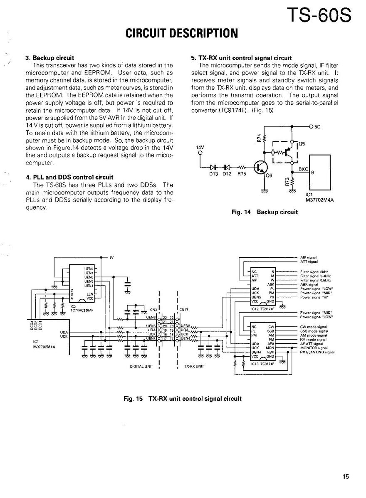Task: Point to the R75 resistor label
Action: tap(242, 175)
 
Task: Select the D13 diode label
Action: tap(213, 175)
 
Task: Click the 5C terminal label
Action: tap(317, 127)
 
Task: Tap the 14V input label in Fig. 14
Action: tap(200, 148)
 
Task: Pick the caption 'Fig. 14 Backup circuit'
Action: tap(265, 212)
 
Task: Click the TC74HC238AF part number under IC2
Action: tap(81, 310)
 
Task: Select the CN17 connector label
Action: tap(183, 310)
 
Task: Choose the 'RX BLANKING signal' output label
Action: tap(317, 352)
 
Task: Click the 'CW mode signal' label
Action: tap(314, 327)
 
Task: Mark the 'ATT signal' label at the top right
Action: tap(309, 262)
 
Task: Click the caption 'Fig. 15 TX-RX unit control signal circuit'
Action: tap(183, 399)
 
